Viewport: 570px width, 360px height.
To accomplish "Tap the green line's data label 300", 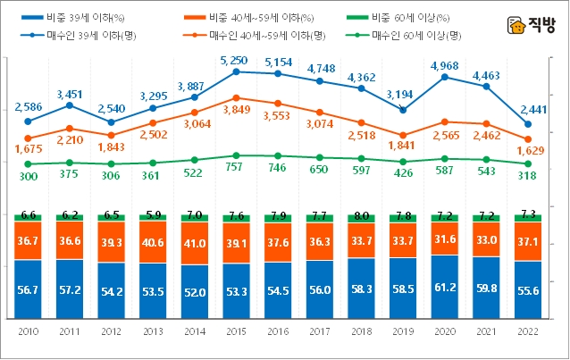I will coord(28,178).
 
